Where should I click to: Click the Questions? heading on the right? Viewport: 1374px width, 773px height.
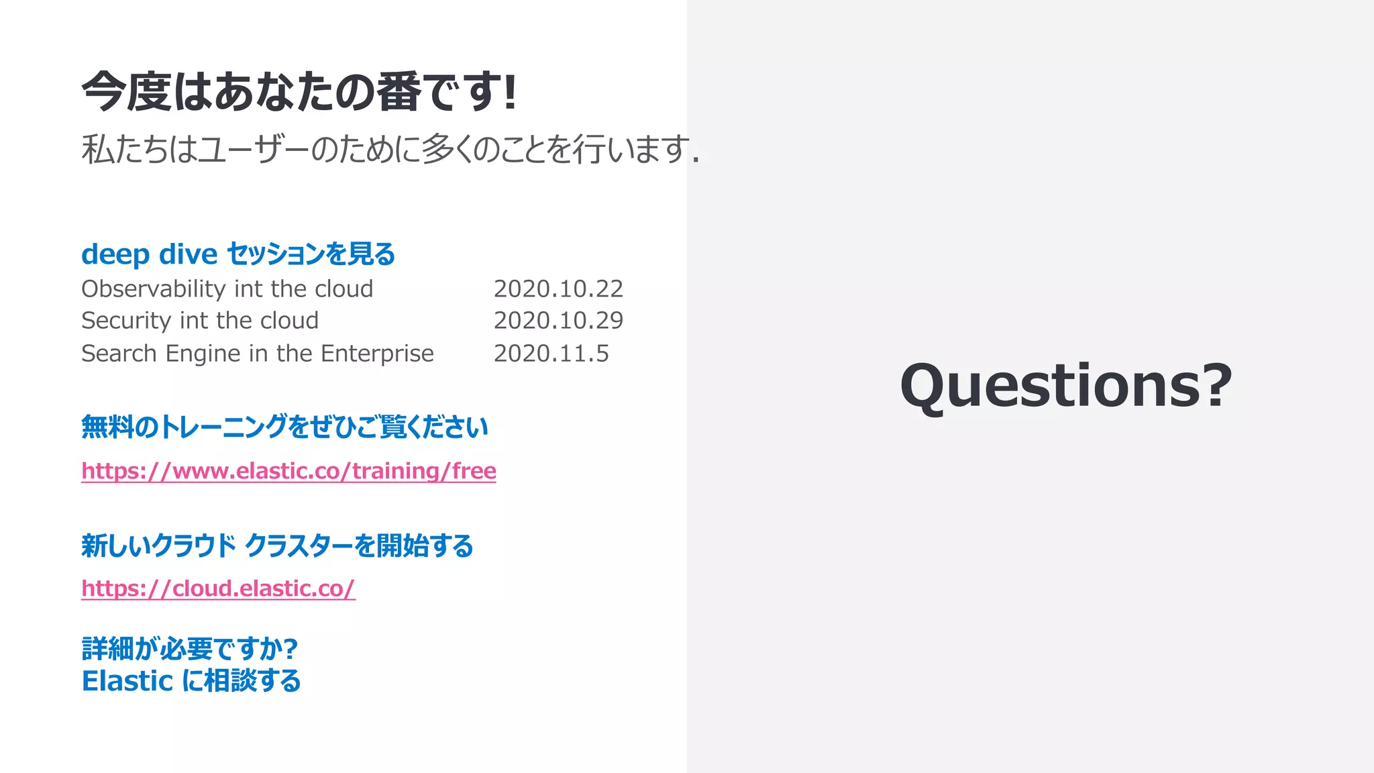(1066, 385)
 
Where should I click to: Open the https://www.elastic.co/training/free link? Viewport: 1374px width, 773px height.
(288, 471)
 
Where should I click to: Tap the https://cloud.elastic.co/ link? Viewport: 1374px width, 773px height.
(218, 588)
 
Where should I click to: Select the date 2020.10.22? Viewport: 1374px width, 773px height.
(558, 289)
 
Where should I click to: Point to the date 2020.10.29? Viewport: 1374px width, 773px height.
(558, 321)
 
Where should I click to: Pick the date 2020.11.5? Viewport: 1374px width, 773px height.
(551, 354)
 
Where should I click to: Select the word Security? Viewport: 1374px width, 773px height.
(126, 321)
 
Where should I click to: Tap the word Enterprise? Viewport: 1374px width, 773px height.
(377, 354)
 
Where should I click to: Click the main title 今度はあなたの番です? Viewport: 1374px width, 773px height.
(299, 92)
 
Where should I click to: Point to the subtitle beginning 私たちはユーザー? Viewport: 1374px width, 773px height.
(390, 149)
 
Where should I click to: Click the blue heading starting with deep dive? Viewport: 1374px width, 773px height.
(238, 254)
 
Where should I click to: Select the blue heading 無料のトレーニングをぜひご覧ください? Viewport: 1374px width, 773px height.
(284, 427)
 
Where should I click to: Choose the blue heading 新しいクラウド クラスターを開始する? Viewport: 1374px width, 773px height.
(277, 546)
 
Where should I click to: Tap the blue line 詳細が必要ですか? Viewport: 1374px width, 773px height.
(190, 648)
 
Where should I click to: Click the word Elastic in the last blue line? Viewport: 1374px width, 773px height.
(127, 681)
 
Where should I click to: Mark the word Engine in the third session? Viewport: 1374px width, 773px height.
(203, 354)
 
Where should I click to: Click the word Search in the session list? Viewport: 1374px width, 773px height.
(119, 354)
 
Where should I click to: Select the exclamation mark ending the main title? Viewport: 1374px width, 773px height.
(511, 92)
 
